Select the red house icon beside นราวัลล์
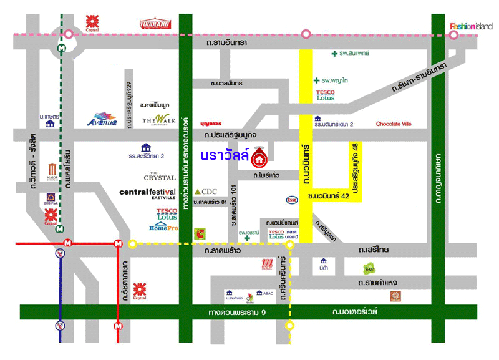(259, 158)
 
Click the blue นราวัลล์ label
(225, 155)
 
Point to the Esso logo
(291, 200)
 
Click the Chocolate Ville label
(394, 124)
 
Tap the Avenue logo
(102, 119)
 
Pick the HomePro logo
(163, 228)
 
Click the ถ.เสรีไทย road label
(374, 250)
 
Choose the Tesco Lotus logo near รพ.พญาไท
(325, 95)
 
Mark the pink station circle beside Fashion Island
(454, 35)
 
